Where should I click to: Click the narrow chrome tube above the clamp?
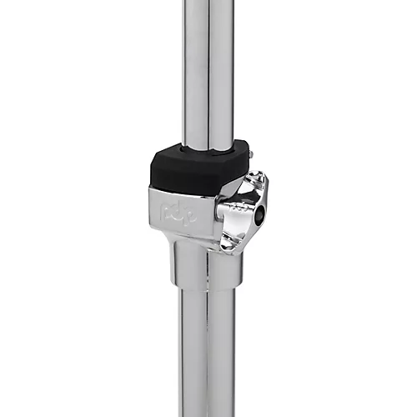click(206, 67)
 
